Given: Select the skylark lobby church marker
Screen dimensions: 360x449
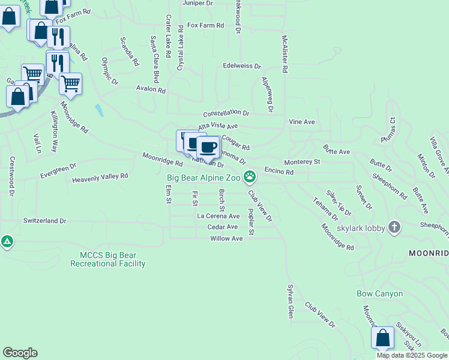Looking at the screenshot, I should (394, 227).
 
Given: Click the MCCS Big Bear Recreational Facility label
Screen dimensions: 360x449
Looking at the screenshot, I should (108, 259).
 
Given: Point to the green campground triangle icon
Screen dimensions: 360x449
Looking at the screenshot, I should (7, 242).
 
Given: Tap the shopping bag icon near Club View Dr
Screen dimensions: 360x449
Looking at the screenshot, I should (382, 338).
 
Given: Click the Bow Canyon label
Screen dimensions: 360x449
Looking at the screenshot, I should (379, 294).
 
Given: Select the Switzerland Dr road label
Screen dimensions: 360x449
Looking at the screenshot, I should (45, 221).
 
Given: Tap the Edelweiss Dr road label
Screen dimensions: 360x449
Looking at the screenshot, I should (242, 66).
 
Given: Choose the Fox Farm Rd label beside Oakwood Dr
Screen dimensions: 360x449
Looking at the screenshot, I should (205, 26).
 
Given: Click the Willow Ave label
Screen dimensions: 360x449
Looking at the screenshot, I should (226, 238).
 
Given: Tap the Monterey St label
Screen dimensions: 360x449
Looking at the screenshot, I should (303, 162).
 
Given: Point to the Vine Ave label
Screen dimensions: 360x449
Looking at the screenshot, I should (302, 122).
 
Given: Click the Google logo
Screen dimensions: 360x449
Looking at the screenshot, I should (20, 353).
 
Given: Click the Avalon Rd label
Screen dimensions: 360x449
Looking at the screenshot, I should (151, 89).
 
